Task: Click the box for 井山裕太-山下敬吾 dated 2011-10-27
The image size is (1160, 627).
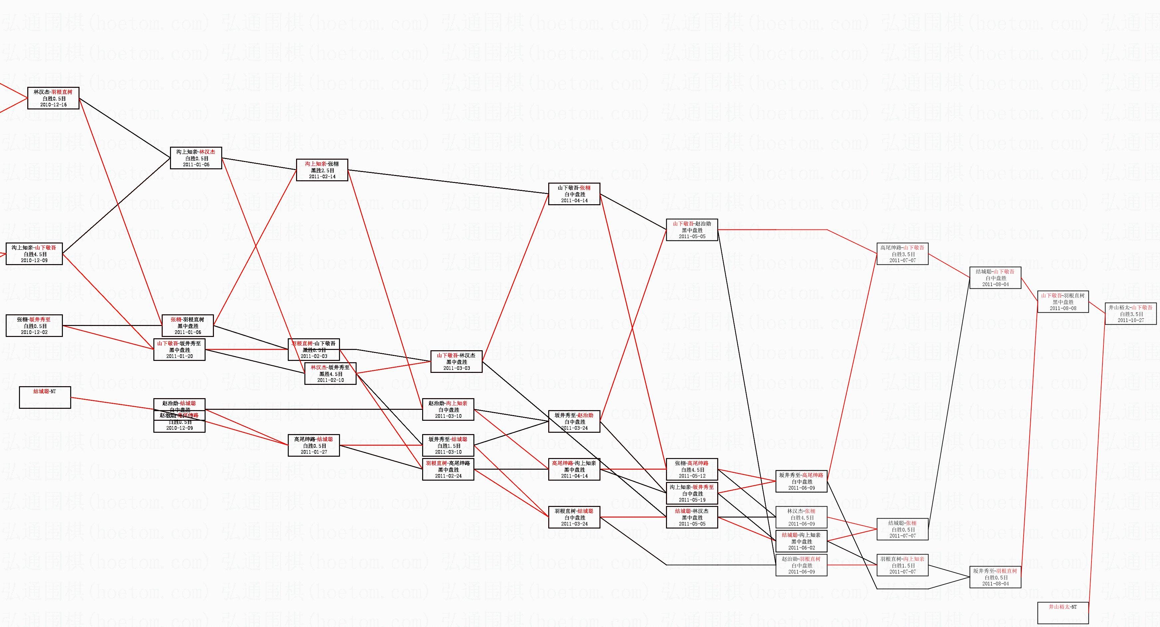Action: pyautogui.click(x=1130, y=314)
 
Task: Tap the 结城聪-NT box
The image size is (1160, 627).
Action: pyautogui.click(x=45, y=397)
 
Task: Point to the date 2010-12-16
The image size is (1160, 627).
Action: pyautogui.click(x=53, y=105)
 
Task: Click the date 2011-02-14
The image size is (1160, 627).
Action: pyautogui.click(x=322, y=177)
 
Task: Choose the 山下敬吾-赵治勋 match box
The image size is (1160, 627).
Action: pyautogui.click(x=692, y=230)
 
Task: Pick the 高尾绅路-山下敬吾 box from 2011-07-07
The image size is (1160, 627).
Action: pyautogui.click(x=903, y=254)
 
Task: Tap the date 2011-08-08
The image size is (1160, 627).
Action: pyautogui.click(x=1063, y=308)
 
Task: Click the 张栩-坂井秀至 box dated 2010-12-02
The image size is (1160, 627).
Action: pyautogui.click(x=34, y=325)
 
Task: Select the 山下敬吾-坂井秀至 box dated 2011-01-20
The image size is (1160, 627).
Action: pyautogui.click(x=179, y=350)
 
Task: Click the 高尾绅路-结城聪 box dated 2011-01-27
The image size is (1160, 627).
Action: pyautogui.click(x=313, y=445)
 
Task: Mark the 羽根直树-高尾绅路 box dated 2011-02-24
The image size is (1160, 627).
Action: pyautogui.click(x=448, y=469)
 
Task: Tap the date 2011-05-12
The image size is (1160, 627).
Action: pyautogui.click(x=692, y=476)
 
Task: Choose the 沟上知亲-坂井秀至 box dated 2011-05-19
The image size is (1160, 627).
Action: pyautogui.click(x=692, y=493)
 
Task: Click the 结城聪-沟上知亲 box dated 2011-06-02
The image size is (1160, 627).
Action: pyautogui.click(x=801, y=542)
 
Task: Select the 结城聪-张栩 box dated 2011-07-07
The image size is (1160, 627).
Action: pyautogui.click(x=903, y=529)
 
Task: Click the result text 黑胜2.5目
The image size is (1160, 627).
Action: pyautogui.click(x=322, y=171)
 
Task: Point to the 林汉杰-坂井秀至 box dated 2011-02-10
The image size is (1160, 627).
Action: pyautogui.click(x=330, y=374)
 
